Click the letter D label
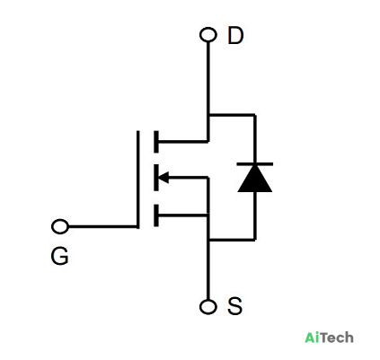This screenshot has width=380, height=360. (x=235, y=35)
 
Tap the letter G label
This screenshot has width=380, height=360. (x=59, y=256)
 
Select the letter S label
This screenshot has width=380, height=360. (x=234, y=306)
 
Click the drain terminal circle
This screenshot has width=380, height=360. (x=208, y=34)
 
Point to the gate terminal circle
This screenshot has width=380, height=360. (x=60, y=226)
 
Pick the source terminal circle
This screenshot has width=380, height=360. (x=208, y=307)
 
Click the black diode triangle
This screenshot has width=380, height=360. (x=255, y=179)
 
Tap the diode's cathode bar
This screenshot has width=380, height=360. (x=255, y=164)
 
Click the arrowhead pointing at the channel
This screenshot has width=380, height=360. (x=163, y=178)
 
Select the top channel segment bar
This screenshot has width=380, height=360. (x=156, y=142)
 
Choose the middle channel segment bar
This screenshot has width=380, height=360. (x=156, y=178)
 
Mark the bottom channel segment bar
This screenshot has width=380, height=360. (x=156, y=215)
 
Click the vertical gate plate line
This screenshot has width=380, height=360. (x=138, y=180)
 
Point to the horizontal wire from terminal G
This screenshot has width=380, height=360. (x=102, y=226)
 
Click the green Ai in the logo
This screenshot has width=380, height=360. (x=313, y=338)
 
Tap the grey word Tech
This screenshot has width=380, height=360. (x=337, y=338)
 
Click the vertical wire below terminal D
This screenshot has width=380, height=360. (x=208, y=92)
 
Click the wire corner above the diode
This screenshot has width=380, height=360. (x=255, y=115)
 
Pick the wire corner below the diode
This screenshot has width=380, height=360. (x=255, y=240)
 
